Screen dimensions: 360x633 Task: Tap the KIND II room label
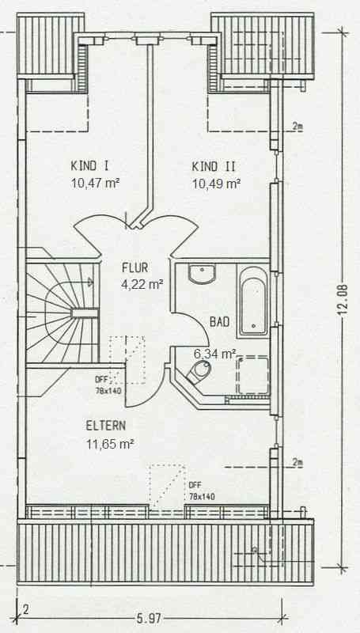(x=214, y=166)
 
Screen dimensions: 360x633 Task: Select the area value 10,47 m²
(x=95, y=184)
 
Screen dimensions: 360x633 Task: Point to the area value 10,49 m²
(x=216, y=184)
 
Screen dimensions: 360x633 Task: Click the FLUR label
(x=135, y=267)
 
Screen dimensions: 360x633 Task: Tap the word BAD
(x=219, y=322)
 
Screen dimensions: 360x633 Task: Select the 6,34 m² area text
(x=214, y=354)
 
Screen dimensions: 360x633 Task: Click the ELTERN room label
(x=106, y=426)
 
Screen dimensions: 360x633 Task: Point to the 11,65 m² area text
(x=110, y=444)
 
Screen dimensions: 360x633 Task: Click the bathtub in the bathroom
(x=252, y=301)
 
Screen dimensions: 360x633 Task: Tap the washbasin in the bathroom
(x=202, y=274)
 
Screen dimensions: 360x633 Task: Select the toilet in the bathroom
(x=199, y=372)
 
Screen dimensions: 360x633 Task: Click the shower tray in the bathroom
(x=252, y=376)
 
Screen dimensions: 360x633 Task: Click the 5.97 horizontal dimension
(x=149, y=618)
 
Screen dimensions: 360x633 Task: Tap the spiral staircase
(x=63, y=313)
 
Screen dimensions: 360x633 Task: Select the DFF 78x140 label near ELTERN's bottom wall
(x=202, y=491)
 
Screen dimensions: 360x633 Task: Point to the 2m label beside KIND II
(x=297, y=127)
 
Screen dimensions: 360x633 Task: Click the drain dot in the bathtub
(x=253, y=325)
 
